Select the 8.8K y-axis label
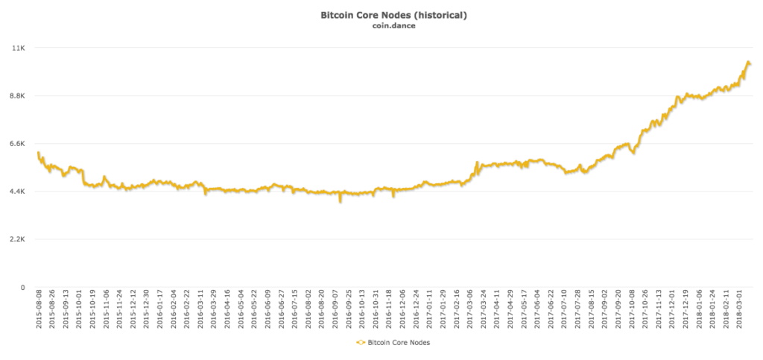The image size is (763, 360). [x=19, y=95]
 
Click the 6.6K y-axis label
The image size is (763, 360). [x=19, y=144]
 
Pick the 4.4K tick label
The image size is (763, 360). [x=19, y=192]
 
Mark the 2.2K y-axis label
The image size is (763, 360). [x=19, y=239]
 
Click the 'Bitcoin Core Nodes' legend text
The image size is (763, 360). [x=398, y=343]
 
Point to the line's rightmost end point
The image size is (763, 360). [x=750, y=64]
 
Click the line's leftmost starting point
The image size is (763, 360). [x=38, y=153]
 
